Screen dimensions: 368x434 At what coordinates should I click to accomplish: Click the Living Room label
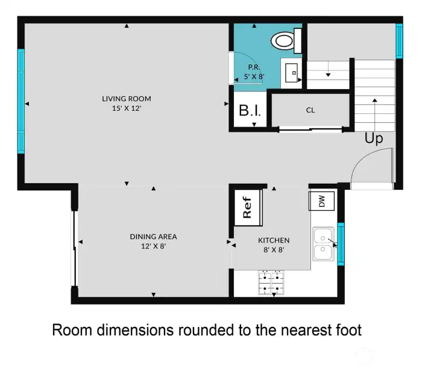point(126,99)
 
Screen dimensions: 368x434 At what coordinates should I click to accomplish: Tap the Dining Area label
point(153,237)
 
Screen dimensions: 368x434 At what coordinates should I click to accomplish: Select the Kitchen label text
point(274,240)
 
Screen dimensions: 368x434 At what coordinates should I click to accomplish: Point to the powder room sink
point(292,71)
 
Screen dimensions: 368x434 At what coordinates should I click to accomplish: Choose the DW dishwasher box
point(321,202)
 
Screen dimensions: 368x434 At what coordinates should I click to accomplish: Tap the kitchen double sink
point(324,246)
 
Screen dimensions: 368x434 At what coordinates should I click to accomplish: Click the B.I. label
point(250,111)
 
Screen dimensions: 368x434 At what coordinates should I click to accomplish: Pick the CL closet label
point(310,110)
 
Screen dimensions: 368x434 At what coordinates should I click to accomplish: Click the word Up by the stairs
point(373,139)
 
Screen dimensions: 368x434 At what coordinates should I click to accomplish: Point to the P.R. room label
point(254,67)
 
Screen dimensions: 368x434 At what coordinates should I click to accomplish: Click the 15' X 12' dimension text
point(126,108)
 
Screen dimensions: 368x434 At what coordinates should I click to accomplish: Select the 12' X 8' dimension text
point(153,246)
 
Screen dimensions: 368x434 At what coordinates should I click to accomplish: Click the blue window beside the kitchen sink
point(341,244)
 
